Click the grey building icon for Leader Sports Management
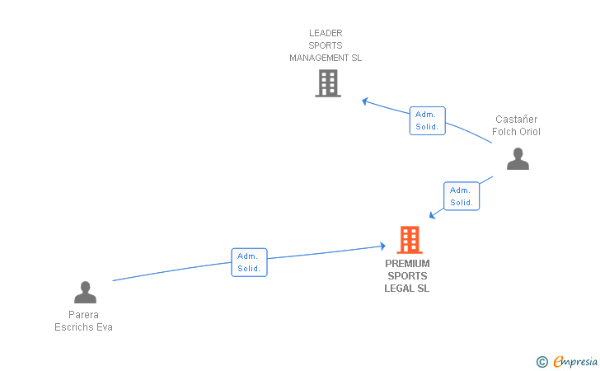tap(327, 83)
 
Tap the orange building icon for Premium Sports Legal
tap(409, 240)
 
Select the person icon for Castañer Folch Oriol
tap(518, 158)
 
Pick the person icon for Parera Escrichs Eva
tap(85, 293)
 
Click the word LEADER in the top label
tap(326, 33)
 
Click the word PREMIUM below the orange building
tap(407, 264)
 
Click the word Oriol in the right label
tap(528, 132)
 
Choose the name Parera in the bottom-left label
tap(83, 315)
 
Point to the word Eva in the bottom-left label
tap(105, 327)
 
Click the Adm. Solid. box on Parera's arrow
tap(249, 262)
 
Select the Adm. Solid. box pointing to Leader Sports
tap(427, 120)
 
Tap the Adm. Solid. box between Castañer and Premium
tap(462, 196)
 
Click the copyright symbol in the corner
tap(541, 361)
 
